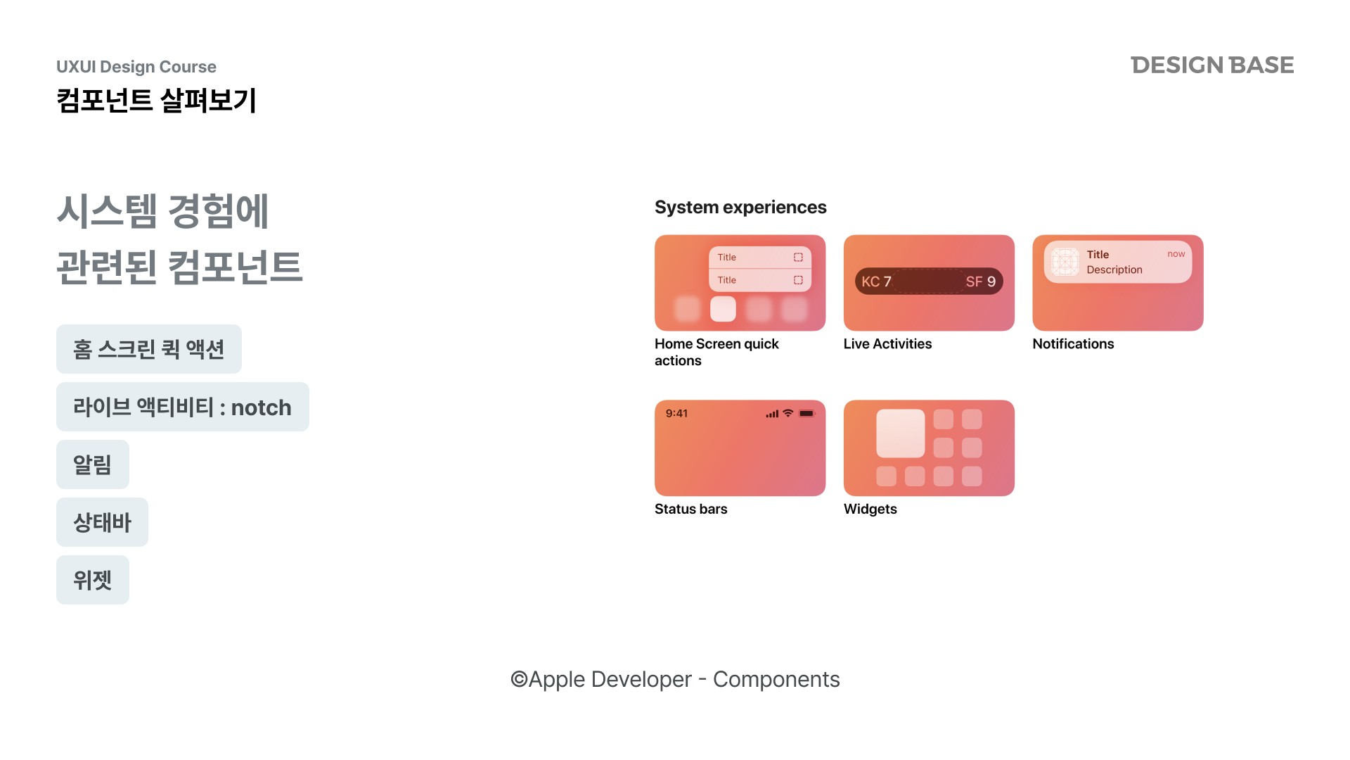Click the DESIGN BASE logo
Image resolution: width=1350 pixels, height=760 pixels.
1212,65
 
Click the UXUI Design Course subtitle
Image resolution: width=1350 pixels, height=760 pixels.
136,67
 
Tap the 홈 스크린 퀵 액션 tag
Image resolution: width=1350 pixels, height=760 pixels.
149,349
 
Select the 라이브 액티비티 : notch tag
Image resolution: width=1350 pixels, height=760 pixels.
183,407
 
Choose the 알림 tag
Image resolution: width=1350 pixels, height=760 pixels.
93,464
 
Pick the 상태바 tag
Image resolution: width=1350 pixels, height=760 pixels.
103,522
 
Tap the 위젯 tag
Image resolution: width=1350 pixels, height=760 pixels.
93,580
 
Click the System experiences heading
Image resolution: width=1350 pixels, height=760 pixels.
740,208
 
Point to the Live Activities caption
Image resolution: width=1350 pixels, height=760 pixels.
887,344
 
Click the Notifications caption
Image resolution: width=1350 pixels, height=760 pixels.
1073,344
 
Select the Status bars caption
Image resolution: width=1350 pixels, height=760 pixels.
690,509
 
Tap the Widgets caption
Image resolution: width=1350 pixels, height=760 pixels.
870,509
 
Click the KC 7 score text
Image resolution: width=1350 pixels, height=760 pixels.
877,281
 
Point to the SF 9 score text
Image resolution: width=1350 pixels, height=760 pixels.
981,281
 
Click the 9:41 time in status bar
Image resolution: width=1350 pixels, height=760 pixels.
676,413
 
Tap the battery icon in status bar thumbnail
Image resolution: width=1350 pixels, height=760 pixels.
807,413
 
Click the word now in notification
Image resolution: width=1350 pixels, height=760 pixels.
1176,254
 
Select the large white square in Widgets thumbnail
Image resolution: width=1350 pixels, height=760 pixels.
901,433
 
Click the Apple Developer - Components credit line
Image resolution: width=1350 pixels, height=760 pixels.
675,679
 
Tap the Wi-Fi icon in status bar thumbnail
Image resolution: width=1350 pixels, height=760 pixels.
788,413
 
